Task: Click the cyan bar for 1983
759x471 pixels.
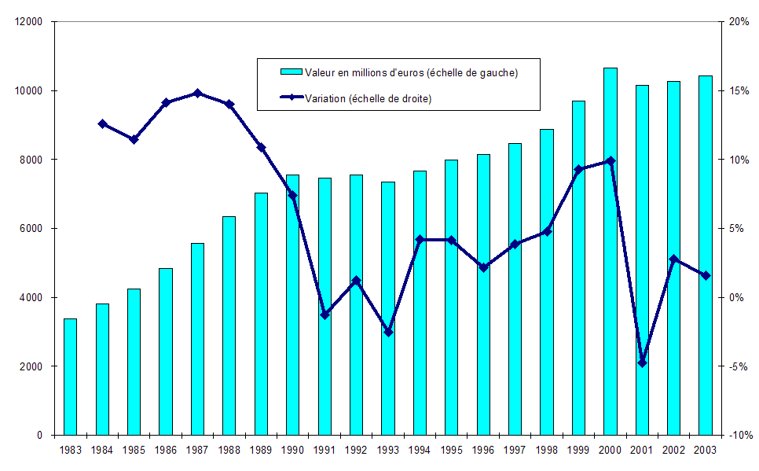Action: [70, 377]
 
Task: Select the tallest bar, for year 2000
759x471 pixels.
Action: [610, 252]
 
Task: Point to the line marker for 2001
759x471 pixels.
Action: [642, 362]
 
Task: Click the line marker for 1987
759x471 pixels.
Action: [197, 93]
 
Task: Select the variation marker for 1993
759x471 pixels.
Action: [388, 332]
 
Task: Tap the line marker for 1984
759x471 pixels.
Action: [102, 123]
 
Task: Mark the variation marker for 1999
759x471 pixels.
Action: [578, 170]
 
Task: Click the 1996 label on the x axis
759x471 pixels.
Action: [483, 450]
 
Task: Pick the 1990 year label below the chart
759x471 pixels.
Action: [292, 450]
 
